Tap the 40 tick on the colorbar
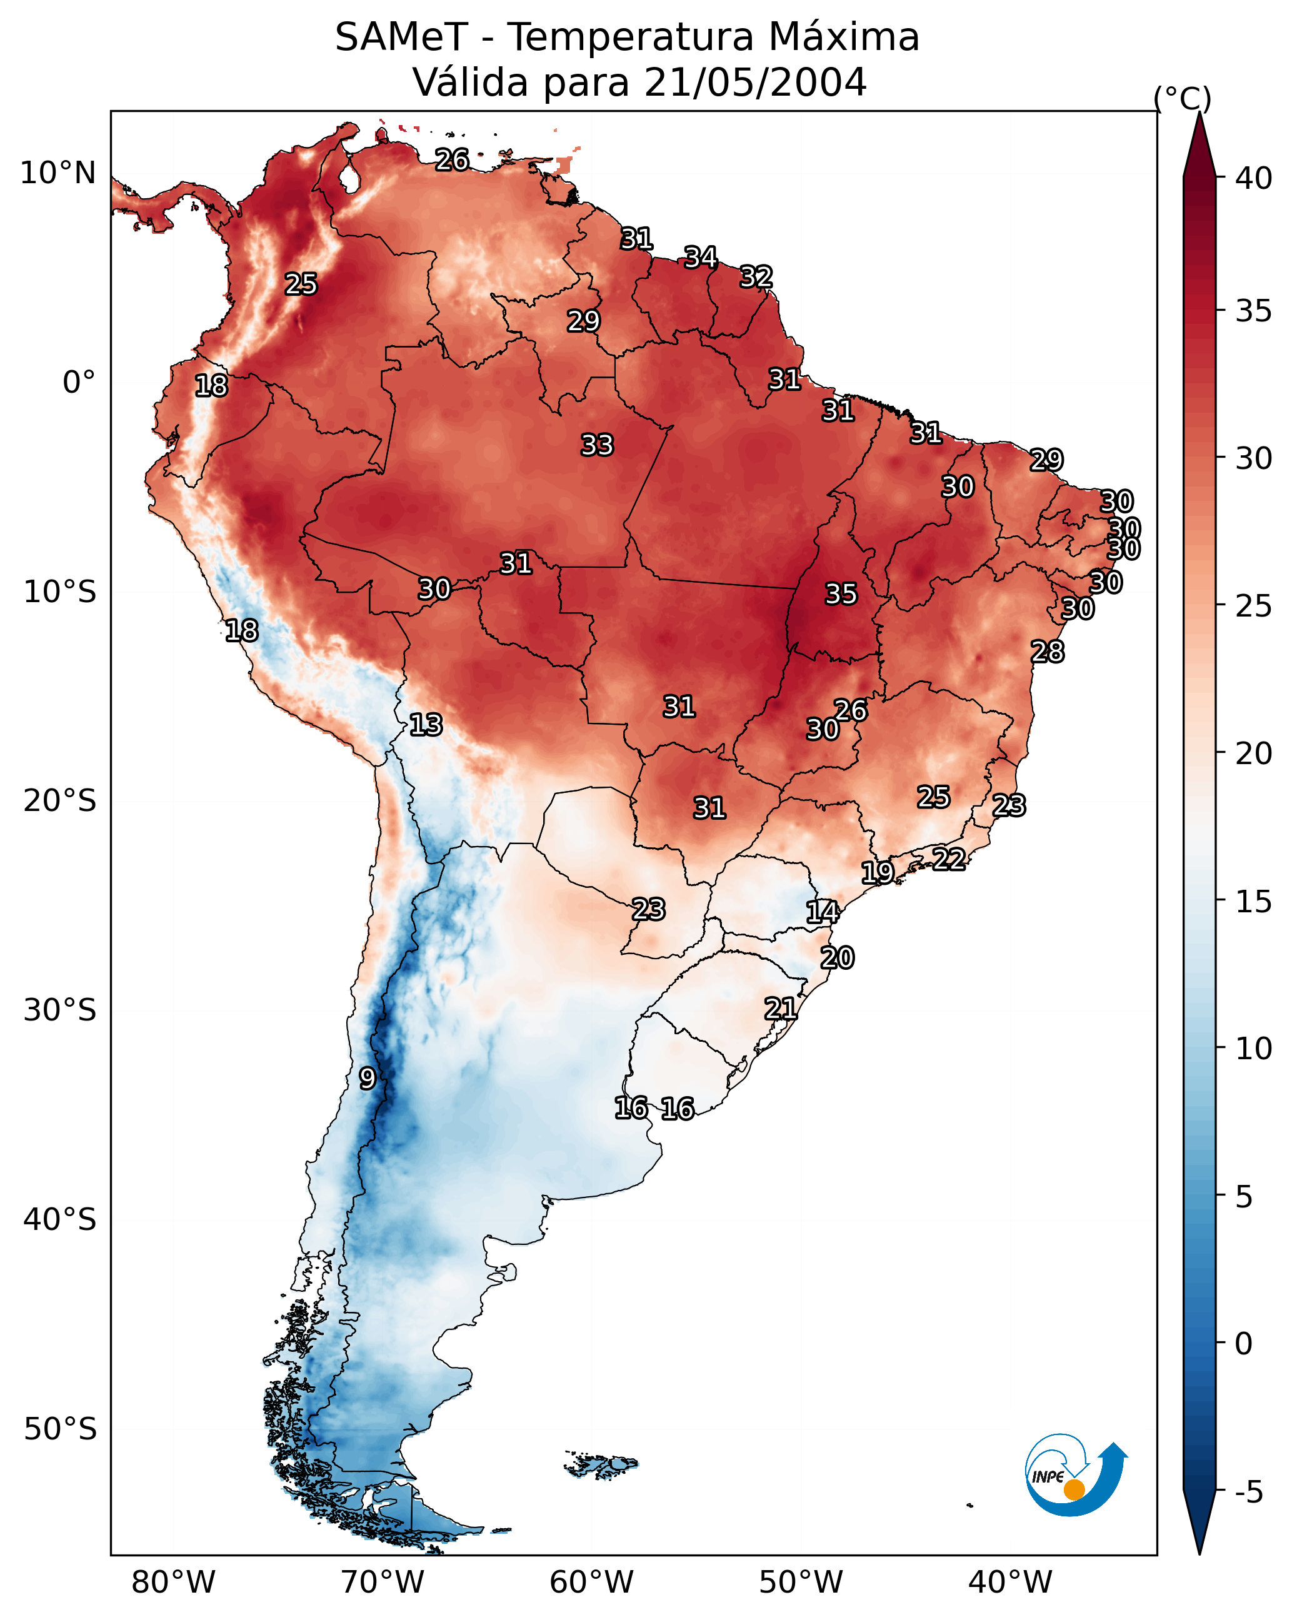click(x=1253, y=178)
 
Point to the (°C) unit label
click(x=1182, y=98)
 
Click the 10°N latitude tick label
click(x=58, y=173)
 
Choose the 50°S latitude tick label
click(x=60, y=1429)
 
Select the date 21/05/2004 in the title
click(x=755, y=83)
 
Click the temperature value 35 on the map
click(x=841, y=594)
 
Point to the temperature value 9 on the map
click(x=367, y=1079)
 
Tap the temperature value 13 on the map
click(x=426, y=725)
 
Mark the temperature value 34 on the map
click(x=700, y=257)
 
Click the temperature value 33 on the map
click(x=597, y=445)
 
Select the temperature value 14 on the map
click(x=822, y=912)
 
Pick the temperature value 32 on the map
click(x=756, y=277)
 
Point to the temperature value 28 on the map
click(x=1047, y=652)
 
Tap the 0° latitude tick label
click(x=79, y=383)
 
